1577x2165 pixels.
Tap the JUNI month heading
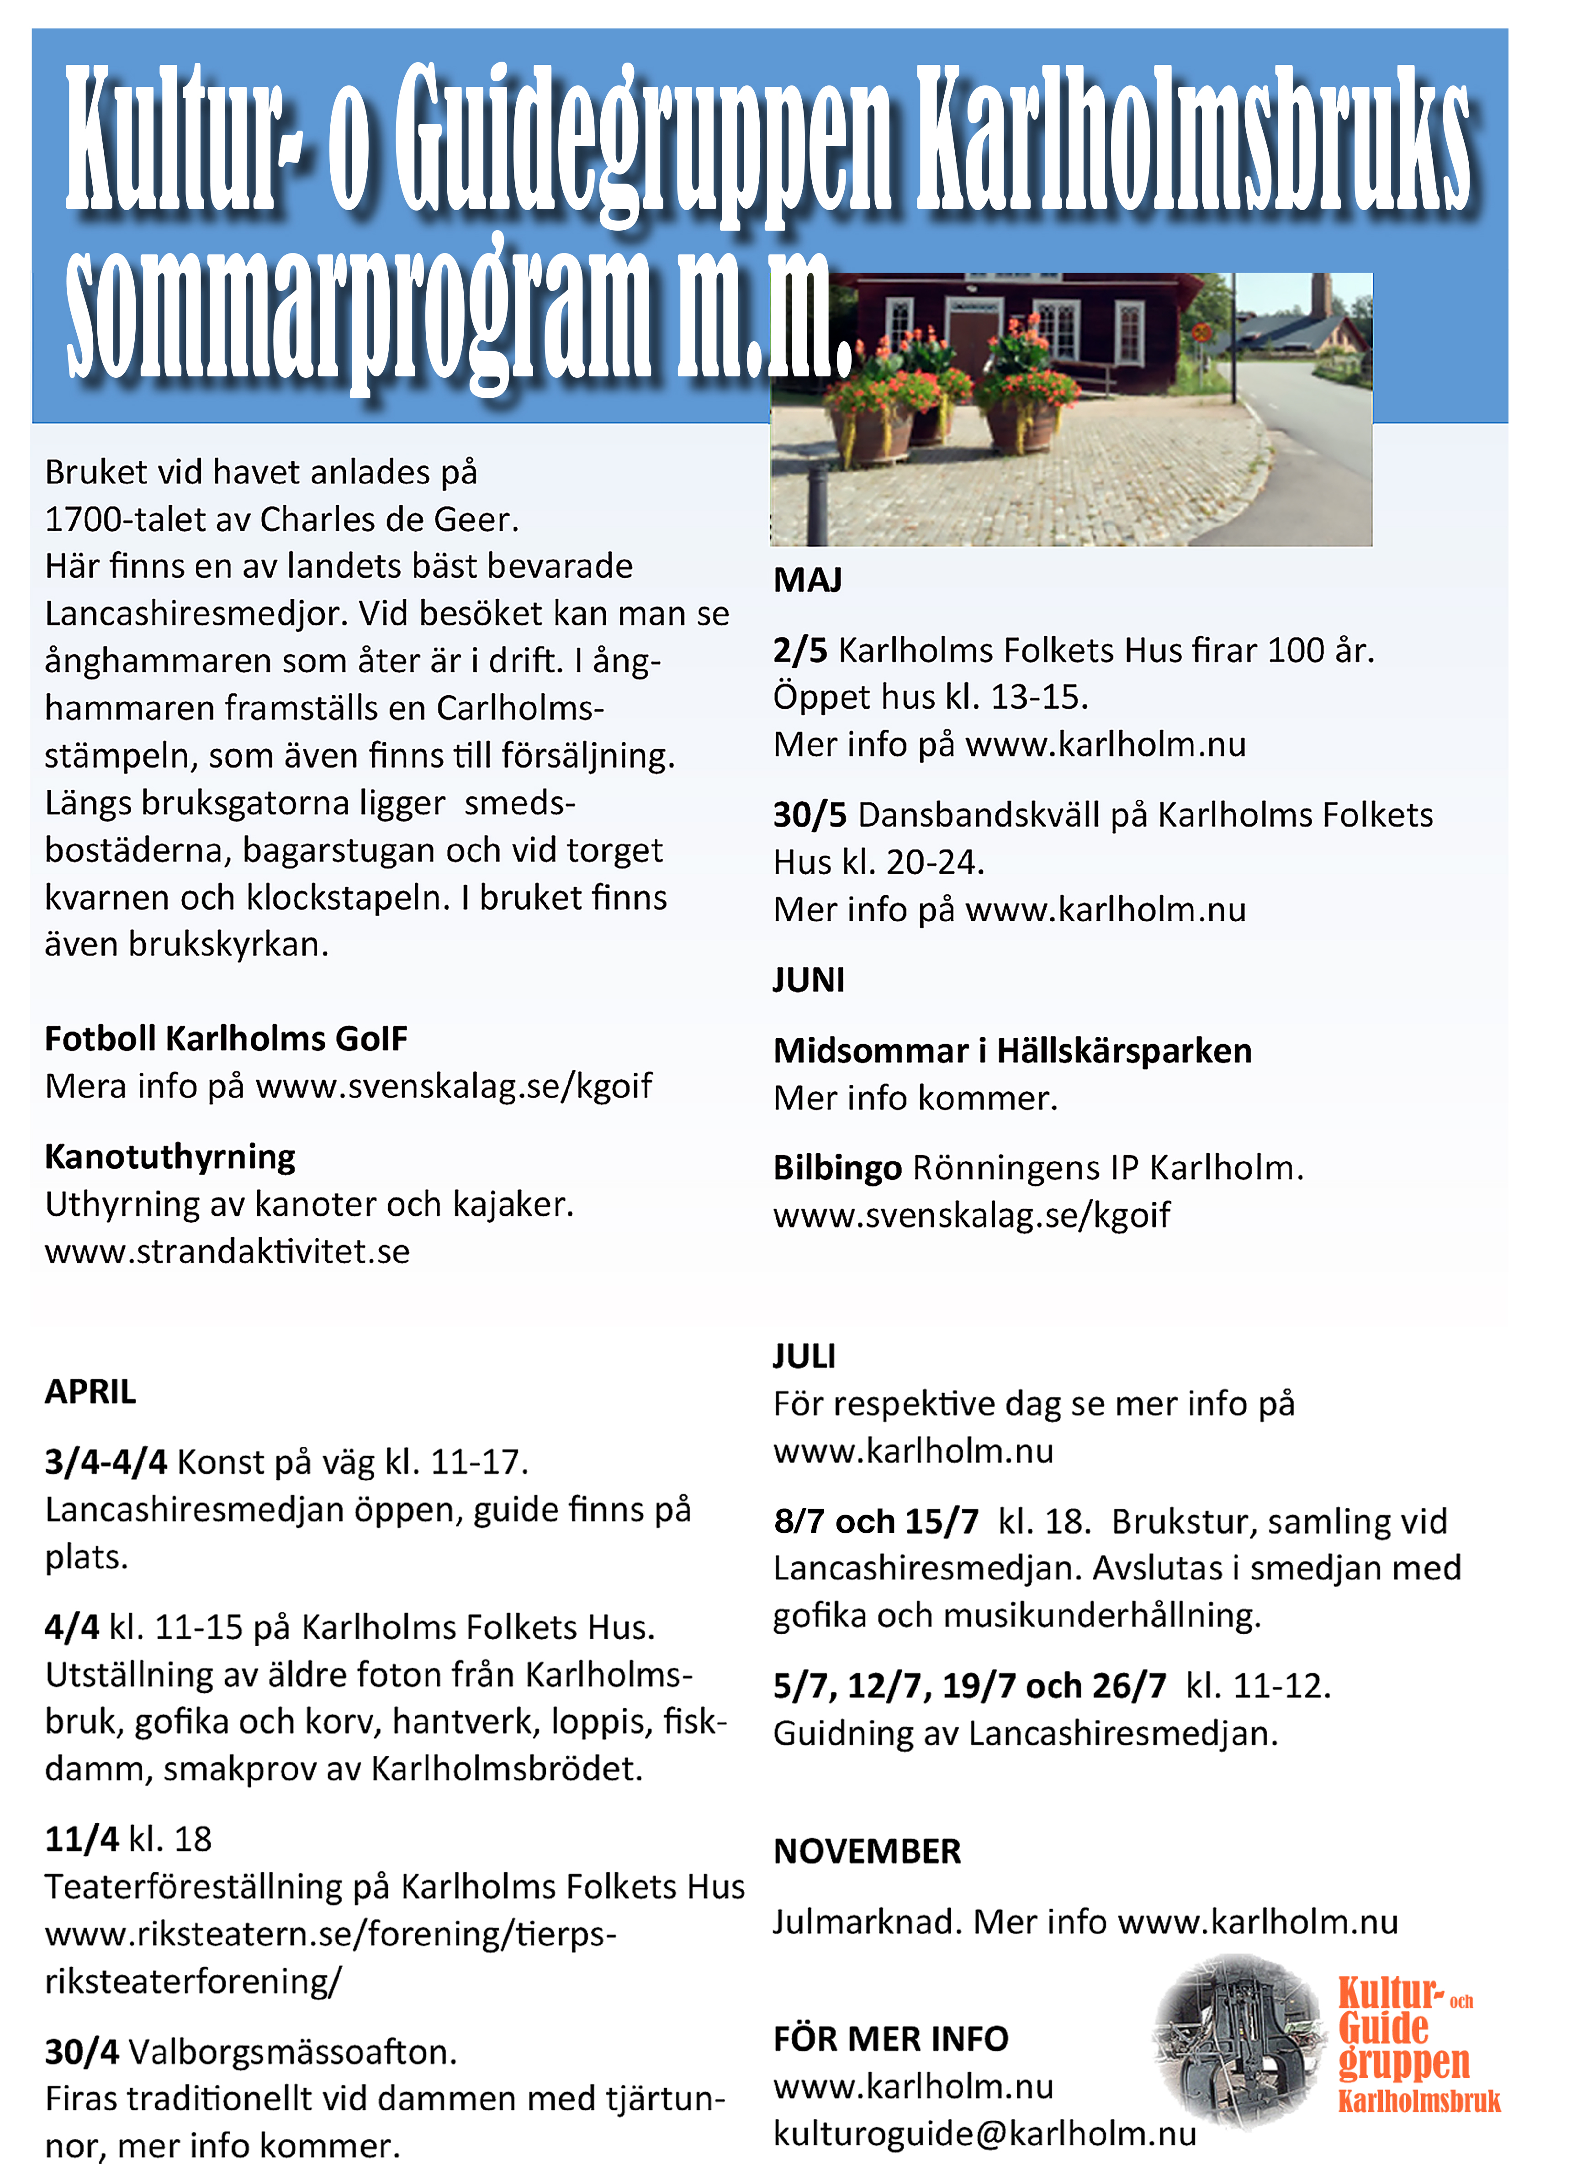pos(809,980)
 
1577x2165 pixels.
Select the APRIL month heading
pos(91,1392)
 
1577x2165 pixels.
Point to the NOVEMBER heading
pos(867,1852)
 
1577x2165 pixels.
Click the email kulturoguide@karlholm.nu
pos(984,2133)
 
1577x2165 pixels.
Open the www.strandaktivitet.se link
pos(227,1251)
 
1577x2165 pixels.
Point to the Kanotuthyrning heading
pos(170,1157)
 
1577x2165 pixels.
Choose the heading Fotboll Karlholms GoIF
pos(226,1039)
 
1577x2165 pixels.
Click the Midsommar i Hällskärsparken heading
pos(1012,1051)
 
